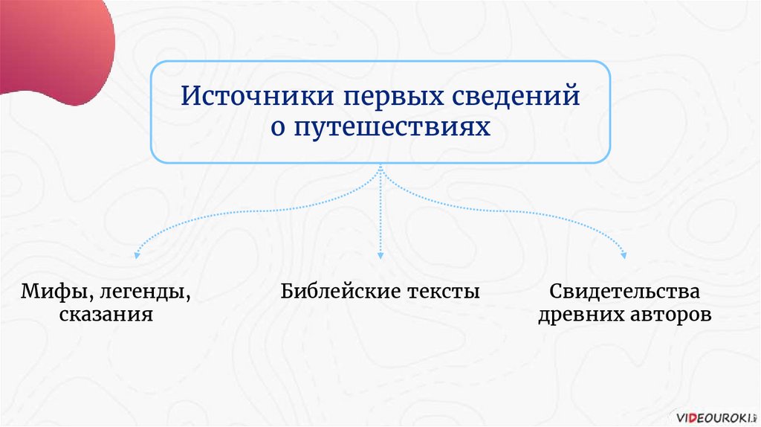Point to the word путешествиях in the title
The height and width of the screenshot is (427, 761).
(x=391, y=128)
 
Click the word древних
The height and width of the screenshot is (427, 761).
(x=575, y=315)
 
